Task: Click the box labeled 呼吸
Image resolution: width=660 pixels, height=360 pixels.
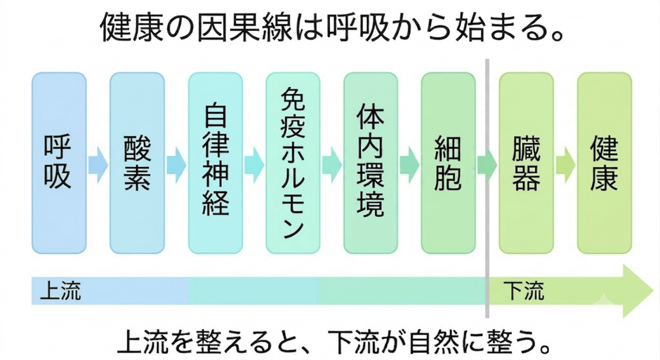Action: tap(59, 163)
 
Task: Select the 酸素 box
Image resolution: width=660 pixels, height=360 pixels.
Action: tap(137, 163)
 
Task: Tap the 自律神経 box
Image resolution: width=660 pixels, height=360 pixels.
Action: tap(215, 163)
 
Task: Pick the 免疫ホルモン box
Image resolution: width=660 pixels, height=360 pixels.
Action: tap(293, 163)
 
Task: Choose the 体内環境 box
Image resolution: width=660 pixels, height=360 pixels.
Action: tap(371, 163)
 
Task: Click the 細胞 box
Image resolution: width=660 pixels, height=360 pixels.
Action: tap(449, 163)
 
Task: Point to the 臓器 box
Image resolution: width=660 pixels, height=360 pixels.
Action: tap(527, 163)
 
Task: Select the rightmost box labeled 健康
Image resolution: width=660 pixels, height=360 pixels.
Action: tap(605, 163)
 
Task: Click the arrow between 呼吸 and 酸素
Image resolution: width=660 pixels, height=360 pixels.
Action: tap(98, 165)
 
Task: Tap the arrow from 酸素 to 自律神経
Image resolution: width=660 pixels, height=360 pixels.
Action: tap(176, 165)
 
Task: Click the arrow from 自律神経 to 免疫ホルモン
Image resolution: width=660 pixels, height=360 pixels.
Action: tap(254, 165)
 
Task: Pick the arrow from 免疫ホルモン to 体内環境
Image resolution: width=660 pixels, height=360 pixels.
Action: tap(332, 165)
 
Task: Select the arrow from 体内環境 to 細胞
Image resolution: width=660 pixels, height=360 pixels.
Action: tap(410, 165)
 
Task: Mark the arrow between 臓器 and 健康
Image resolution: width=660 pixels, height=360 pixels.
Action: tap(566, 165)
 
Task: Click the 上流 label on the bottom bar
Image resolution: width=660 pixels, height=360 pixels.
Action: tap(60, 291)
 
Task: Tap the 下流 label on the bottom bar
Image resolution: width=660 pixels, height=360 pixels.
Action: tap(524, 291)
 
